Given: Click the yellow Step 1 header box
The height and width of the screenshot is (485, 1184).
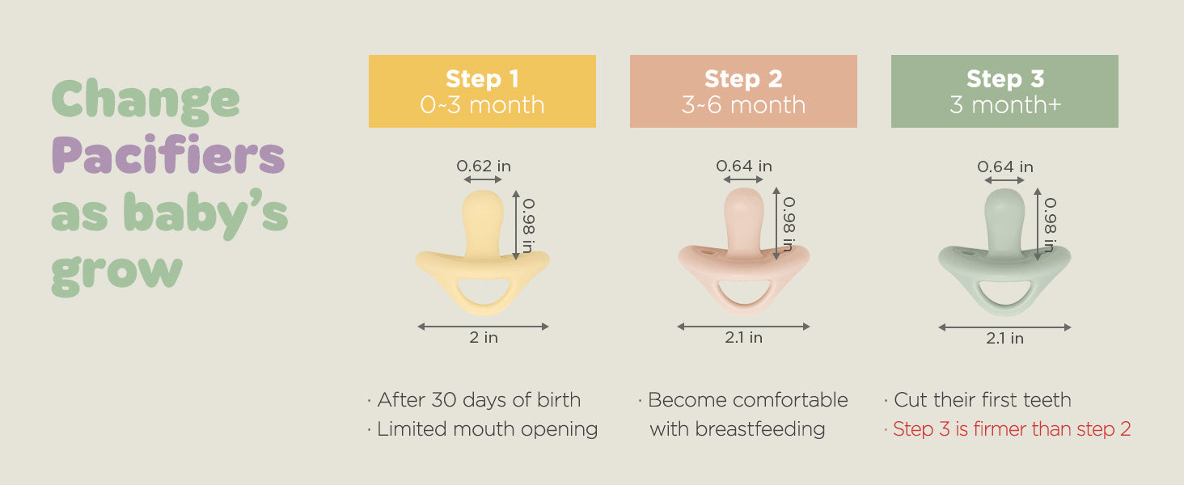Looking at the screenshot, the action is (482, 91).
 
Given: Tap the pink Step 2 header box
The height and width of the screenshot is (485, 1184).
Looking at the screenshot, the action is (743, 91).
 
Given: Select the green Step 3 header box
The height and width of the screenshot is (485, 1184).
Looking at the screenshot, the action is (1004, 91).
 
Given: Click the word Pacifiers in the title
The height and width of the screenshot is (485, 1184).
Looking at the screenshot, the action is (168, 154).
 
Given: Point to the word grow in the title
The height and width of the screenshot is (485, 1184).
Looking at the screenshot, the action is (116, 275).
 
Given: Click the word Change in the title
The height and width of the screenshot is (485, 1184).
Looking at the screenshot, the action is (146, 101).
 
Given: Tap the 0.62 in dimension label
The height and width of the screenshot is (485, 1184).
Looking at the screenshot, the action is (484, 166).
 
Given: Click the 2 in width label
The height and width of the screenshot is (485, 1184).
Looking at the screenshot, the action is (484, 337).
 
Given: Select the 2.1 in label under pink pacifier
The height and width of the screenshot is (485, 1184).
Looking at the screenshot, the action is (743, 337).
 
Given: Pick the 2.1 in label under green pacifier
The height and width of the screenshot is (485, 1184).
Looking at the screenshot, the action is (1004, 338).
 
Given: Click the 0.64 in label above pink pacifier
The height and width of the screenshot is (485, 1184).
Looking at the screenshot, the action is (744, 166).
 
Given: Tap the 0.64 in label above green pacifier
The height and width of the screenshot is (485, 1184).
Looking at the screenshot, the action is (1004, 167).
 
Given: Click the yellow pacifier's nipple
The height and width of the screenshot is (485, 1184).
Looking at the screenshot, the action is (483, 222).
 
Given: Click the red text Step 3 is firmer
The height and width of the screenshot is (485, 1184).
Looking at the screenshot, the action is (1011, 429).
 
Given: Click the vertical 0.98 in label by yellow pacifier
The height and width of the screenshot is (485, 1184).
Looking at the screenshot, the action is (529, 226).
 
